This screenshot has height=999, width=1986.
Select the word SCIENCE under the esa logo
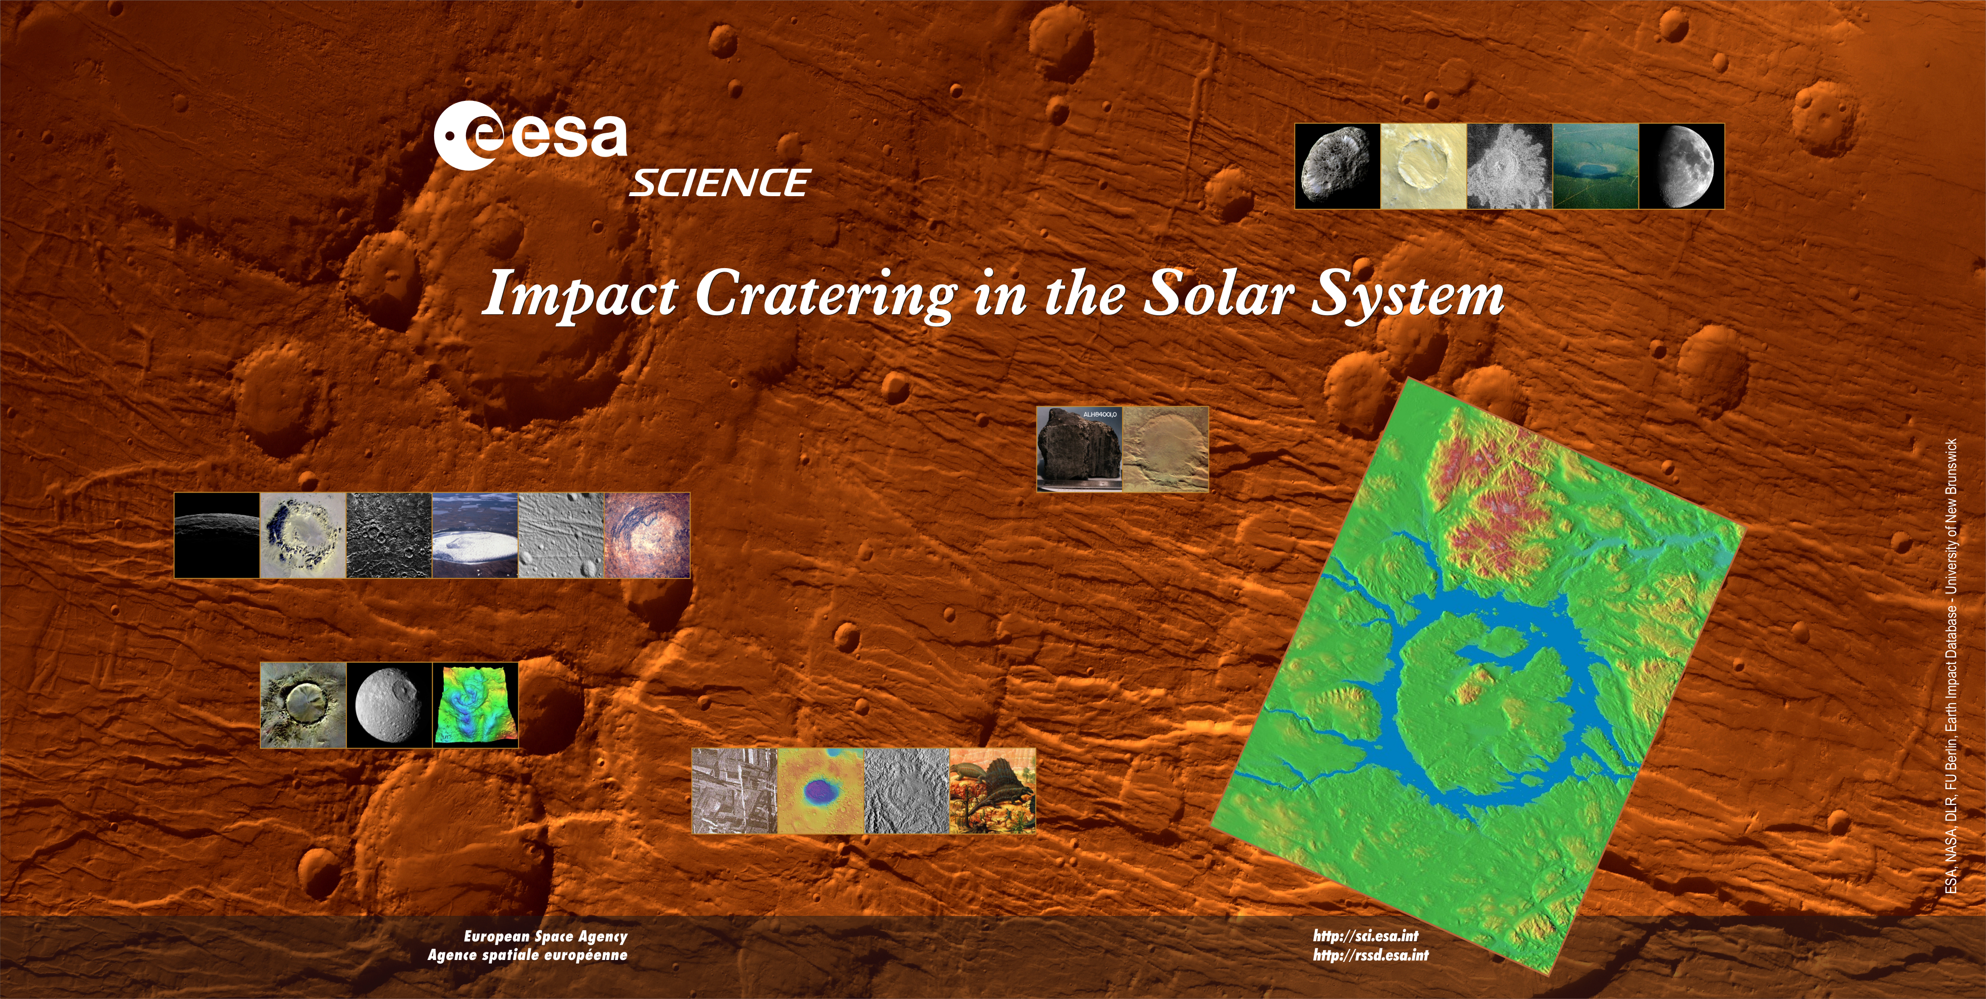[719, 183]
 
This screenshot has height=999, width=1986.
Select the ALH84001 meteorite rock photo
[1079, 449]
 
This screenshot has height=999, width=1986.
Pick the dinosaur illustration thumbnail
[993, 791]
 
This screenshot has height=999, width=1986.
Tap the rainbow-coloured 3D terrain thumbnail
[475, 705]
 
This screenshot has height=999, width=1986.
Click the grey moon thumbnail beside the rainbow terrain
[390, 705]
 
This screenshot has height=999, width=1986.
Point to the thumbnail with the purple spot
[821, 791]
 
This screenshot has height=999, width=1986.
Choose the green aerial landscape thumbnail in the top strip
[1595, 165]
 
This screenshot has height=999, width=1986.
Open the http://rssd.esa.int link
[1371, 955]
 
